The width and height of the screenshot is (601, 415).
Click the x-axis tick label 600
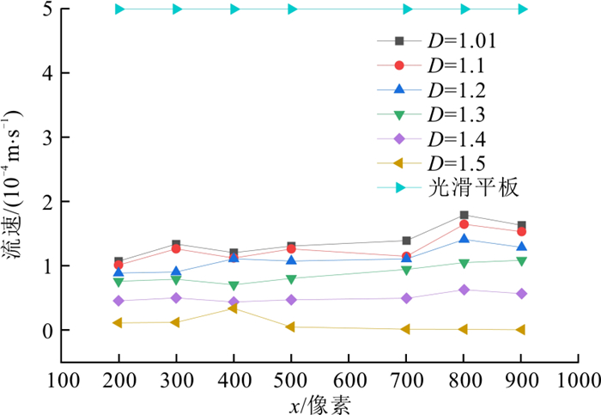tap(348, 381)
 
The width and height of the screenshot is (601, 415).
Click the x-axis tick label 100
tap(62, 381)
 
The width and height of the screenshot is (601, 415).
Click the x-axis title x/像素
tap(319, 403)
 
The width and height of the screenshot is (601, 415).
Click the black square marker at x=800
tap(464, 216)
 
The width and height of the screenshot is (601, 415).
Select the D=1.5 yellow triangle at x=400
tap(234, 308)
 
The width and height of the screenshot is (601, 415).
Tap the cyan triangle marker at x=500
tap(292, 9)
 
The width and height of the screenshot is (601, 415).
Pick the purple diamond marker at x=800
tap(464, 290)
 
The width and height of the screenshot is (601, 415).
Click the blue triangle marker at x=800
tap(464, 239)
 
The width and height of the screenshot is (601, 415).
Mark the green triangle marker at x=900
tap(521, 260)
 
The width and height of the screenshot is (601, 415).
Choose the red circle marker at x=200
tap(118, 265)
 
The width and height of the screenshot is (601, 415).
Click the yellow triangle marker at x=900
tap(521, 330)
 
